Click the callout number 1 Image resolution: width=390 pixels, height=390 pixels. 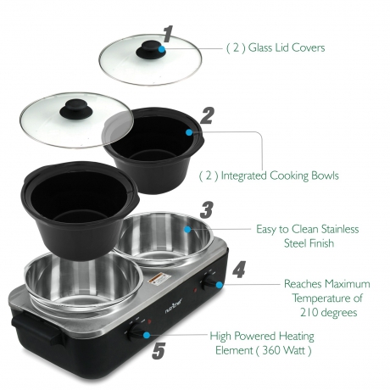click(x=169, y=34)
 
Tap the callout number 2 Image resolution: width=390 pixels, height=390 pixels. click(x=207, y=115)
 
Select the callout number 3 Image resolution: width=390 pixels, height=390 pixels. click(x=206, y=210)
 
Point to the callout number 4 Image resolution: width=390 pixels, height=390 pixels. click(x=239, y=270)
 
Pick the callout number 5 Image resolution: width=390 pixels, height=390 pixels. click(x=159, y=351)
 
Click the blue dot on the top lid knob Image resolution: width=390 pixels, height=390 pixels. click(x=162, y=49)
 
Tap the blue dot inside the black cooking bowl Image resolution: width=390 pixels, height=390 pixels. click(x=189, y=132)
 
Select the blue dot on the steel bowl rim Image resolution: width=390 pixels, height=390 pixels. click(x=187, y=229)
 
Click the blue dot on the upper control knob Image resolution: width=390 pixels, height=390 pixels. click(x=219, y=285)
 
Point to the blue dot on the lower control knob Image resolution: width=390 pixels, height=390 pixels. click(x=147, y=335)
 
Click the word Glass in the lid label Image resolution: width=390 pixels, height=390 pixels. click(x=259, y=47)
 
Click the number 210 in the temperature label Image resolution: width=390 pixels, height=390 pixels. click(x=309, y=313)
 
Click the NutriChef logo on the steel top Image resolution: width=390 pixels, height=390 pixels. click(x=174, y=306)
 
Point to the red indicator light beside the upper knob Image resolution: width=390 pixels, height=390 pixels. click(x=195, y=290)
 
